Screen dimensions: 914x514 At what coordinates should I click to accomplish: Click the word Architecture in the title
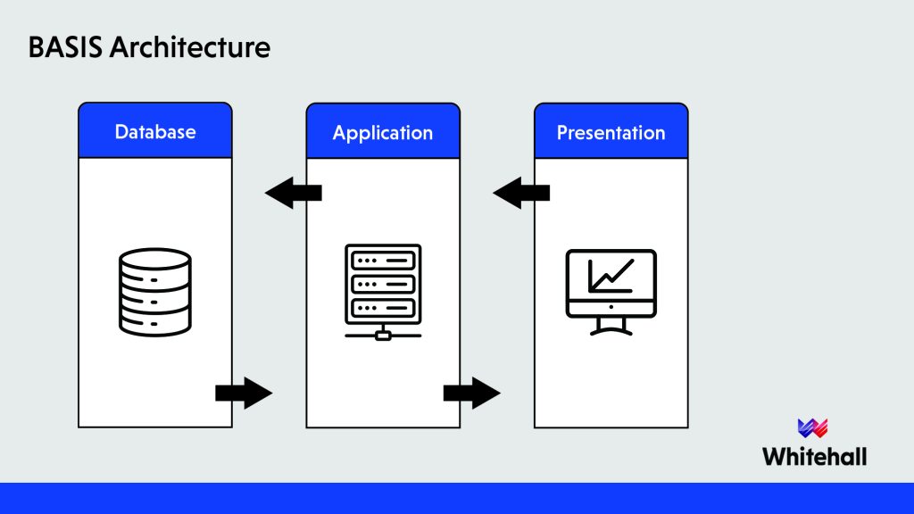click(x=189, y=46)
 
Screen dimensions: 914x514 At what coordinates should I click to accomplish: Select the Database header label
click(x=155, y=132)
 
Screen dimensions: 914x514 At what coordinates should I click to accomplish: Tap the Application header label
click(x=383, y=133)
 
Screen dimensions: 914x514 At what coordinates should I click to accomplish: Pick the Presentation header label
click(x=611, y=133)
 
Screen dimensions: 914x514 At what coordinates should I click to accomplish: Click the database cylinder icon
click(x=154, y=291)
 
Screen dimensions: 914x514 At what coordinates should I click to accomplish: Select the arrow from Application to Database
click(x=293, y=193)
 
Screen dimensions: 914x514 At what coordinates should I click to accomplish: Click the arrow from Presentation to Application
click(x=520, y=193)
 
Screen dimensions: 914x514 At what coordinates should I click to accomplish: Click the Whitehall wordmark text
click(x=814, y=456)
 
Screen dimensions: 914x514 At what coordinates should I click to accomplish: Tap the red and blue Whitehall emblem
click(x=813, y=427)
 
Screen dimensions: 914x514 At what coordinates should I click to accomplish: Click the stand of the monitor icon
click(x=611, y=327)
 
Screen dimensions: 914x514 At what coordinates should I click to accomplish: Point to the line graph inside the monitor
click(x=611, y=275)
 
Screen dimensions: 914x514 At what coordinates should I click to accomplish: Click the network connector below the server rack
click(x=383, y=334)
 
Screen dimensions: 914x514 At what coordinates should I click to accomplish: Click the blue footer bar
click(x=457, y=498)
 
